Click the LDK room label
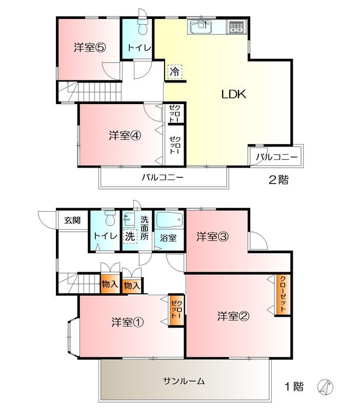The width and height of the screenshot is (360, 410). (234, 94)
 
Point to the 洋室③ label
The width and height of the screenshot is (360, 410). (212, 237)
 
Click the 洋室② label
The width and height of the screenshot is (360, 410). (233, 316)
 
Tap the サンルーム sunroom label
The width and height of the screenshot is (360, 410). (184, 381)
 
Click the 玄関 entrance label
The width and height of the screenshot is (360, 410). (72, 221)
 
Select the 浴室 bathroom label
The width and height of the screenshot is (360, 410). (168, 238)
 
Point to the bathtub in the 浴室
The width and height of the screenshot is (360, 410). (169, 221)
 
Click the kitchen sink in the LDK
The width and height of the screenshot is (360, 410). (201, 27)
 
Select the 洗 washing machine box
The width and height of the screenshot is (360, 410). (129, 237)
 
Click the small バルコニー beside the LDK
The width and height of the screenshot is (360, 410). (276, 156)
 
